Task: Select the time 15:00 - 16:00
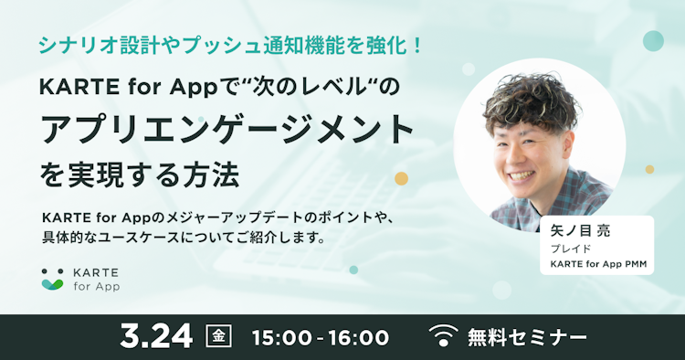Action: coord(320,336)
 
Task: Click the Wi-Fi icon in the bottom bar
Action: coord(444,336)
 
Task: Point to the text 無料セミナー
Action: coord(527,336)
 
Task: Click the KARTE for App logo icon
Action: coord(52,280)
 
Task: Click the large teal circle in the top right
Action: coord(652,40)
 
